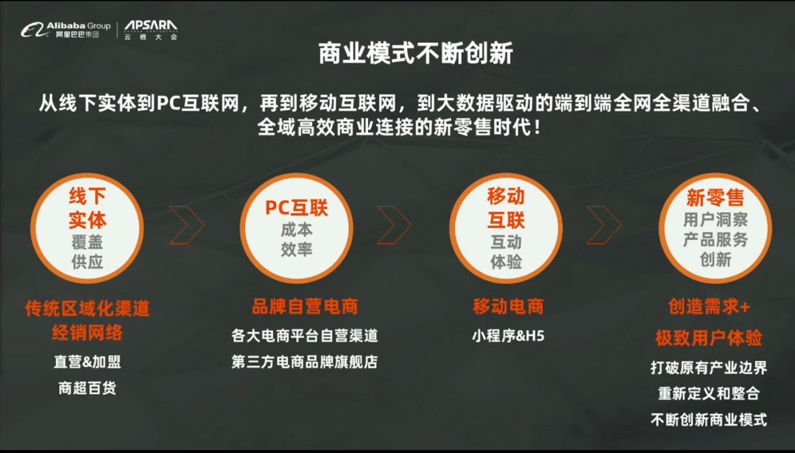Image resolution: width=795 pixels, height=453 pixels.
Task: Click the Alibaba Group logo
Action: click(x=66, y=30)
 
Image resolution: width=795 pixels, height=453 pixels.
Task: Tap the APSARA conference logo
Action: click(x=151, y=30)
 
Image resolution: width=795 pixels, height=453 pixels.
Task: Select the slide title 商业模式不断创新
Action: click(x=416, y=53)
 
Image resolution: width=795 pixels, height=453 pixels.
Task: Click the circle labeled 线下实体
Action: click(x=87, y=228)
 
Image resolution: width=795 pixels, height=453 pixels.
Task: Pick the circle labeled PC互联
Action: click(x=297, y=228)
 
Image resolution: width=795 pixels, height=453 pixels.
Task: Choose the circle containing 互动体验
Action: click(x=506, y=228)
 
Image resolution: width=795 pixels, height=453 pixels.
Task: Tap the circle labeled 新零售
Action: click(x=715, y=228)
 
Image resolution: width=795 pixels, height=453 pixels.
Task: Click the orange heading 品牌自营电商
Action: click(x=305, y=306)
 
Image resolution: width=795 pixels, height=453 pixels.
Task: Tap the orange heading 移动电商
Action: click(x=508, y=306)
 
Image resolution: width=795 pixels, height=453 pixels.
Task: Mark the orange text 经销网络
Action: click(x=87, y=333)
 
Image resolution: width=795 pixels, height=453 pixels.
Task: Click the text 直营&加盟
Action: click(x=87, y=362)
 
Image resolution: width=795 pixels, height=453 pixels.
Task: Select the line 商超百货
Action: click(x=87, y=388)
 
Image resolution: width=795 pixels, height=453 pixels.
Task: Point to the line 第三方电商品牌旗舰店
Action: click(x=305, y=362)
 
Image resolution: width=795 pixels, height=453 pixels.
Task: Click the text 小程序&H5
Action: click(x=508, y=335)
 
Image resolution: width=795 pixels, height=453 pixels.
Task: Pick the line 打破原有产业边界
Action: click(x=709, y=368)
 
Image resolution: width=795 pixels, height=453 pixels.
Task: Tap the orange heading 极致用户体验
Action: click(x=709, y=338)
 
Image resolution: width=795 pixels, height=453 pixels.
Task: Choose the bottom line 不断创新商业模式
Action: click(x=709, y=420)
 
